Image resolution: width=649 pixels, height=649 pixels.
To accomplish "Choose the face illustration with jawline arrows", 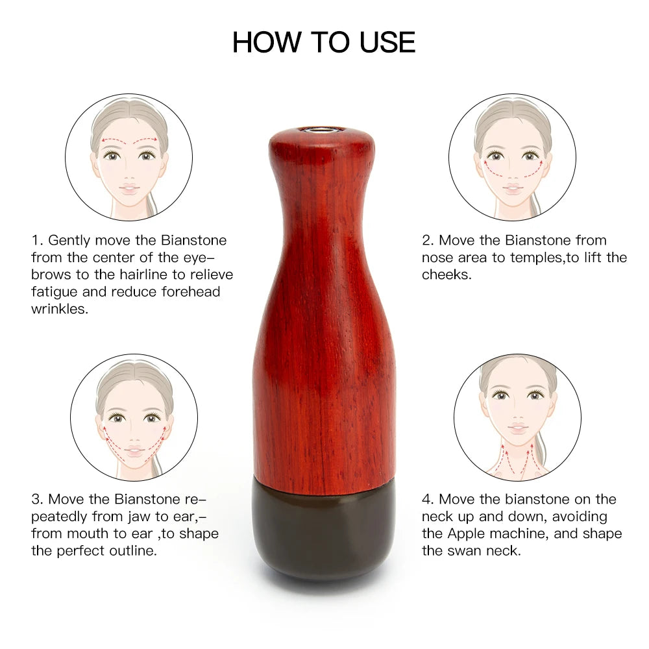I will coord(134,417).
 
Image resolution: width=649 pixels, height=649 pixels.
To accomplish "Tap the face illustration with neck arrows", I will coord(517,417).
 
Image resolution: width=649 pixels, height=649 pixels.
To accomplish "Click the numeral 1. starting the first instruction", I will coord(38,240).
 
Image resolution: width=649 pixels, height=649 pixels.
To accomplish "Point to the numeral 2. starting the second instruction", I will coord(427,240).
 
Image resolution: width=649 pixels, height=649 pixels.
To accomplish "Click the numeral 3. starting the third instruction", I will coord(38,499).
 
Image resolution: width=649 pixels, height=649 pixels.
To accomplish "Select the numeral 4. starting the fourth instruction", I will coord(427,499).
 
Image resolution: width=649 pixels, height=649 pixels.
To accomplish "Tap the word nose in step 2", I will coord(436,257).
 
